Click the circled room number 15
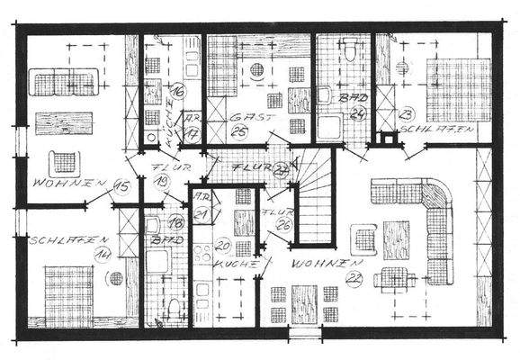(122, 186)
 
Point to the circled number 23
(407, 114)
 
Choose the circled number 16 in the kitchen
(178, 90)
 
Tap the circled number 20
(223, 247)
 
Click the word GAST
(243, 118)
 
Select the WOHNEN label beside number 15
(66, 184)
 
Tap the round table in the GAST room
(257, 70)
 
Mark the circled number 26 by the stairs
(283, 224)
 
